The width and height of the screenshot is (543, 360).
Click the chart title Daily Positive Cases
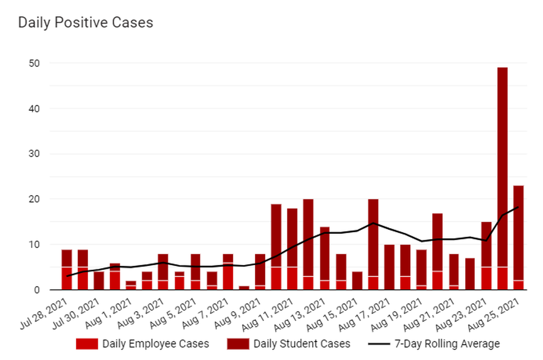pyautogui.click(x=86, y=22)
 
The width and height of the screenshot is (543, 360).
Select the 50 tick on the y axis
pyautogui.click(x=36, y=63)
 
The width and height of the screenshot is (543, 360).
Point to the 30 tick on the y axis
pyautogui.click(x=36, y=154)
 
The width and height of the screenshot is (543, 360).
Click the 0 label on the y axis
pyautogui.click(x=39, y=290)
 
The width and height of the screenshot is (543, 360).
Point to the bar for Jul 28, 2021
pyautogui.click(x=67, y=270)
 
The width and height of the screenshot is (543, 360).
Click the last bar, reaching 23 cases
pyautogui.click(x=518, y=238)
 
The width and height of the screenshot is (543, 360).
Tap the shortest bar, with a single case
pyautogui.click(x=243, y=288)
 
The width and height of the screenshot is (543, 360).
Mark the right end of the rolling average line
pyautogui.click(x=518, y=207)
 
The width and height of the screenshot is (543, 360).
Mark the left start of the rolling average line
pyautogui.click(x=67, y=276)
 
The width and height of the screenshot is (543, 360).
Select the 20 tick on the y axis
pyautogui.click(x=36, y=199)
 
